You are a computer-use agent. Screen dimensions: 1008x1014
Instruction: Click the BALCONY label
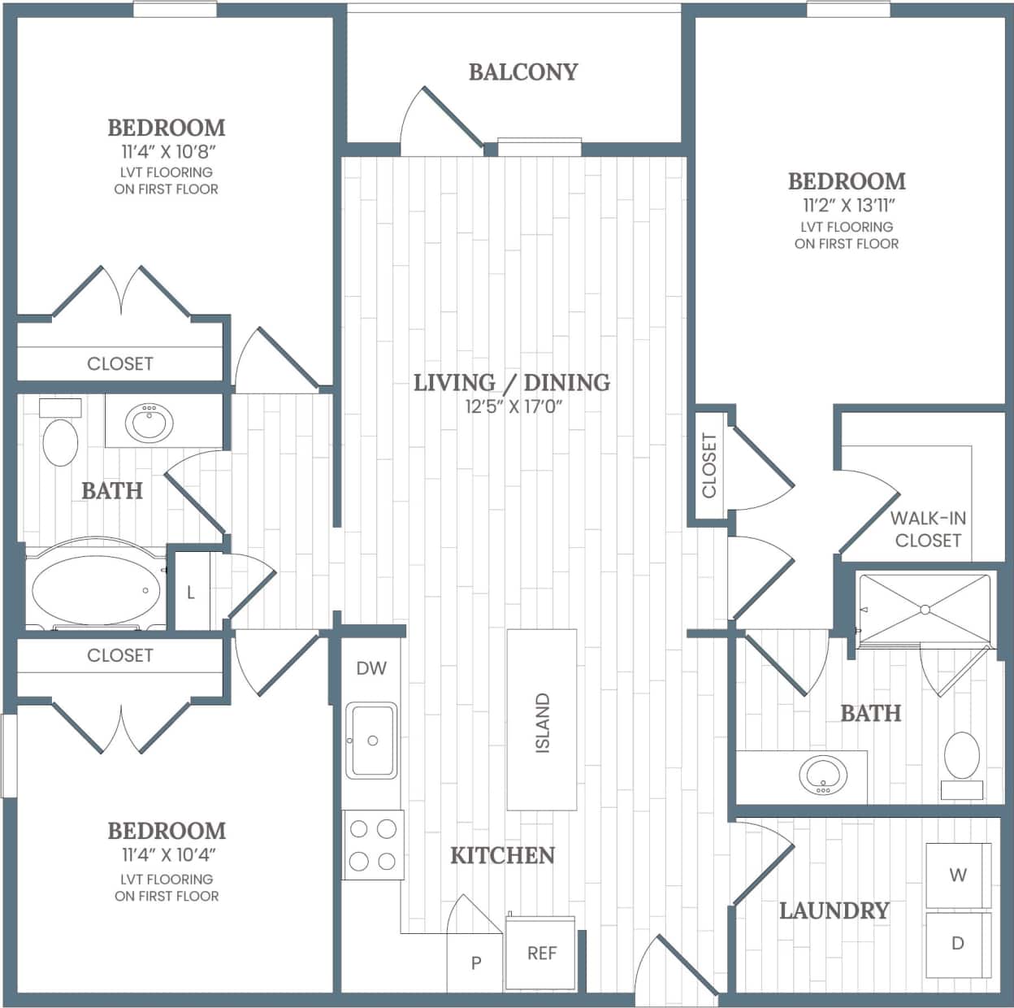click(522, 72)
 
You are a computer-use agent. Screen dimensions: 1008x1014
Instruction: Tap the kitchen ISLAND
click(542, 720)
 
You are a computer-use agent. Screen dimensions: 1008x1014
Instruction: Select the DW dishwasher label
click(371, 668)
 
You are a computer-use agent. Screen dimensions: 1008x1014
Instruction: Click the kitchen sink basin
click(371, 740)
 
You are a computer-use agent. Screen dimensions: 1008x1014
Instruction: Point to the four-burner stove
click(373, 845)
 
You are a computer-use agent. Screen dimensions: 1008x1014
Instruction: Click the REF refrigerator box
click(541, 953)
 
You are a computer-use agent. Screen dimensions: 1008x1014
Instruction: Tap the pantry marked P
click(476, 963)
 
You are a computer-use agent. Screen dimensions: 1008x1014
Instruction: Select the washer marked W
click(958, 875)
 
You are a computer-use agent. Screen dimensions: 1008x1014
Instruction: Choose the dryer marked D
click(958, 944)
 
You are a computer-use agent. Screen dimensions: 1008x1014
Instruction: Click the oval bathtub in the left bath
click(96, 589)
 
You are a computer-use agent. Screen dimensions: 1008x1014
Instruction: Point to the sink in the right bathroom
click(822, 775)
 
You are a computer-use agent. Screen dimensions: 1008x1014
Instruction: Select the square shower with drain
click(925, 610)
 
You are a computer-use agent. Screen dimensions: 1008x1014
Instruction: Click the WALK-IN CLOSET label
click(927, 529)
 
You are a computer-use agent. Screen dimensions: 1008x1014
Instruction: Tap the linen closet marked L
click(192, 592)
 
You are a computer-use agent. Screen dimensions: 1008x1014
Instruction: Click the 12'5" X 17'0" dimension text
click(513, 406)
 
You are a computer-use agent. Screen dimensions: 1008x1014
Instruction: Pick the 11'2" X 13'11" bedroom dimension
click(847, 206)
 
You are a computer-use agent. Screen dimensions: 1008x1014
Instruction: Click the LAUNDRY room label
click(834, 910)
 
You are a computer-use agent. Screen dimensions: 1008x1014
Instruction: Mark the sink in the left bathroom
click(149, 421)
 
